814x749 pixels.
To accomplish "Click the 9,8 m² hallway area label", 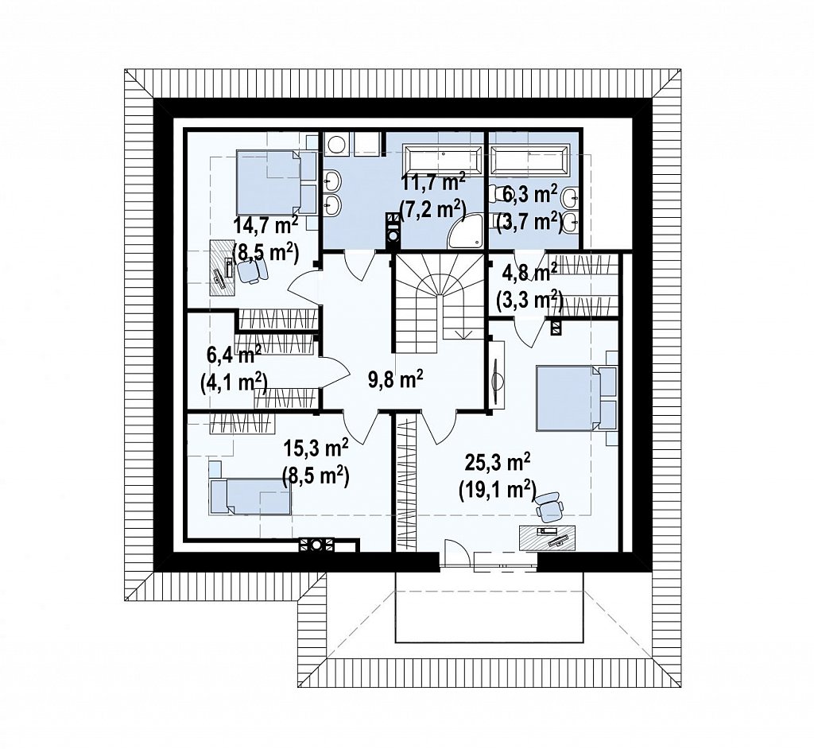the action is point(396,380).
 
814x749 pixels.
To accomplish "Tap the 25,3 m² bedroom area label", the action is point(498,460).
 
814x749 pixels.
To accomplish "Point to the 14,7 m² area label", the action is point(266,226).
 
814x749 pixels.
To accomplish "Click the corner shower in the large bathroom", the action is point(464,231).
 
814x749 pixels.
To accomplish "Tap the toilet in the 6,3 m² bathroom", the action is point(498,194).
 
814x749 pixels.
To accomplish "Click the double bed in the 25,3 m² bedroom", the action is point(569,398).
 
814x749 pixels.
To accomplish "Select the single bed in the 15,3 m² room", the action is point(250,497).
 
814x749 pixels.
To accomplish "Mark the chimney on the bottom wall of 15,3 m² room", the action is point(316,545).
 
